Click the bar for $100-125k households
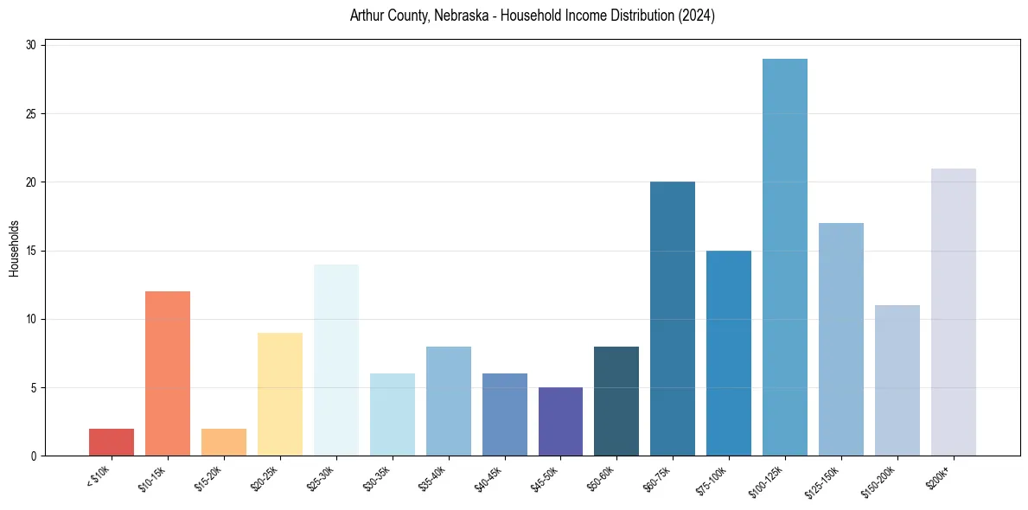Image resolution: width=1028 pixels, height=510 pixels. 785,258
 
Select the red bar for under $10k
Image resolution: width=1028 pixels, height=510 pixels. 112,442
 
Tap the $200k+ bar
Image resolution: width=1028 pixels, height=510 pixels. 954,312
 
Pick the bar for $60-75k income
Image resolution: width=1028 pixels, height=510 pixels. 673,319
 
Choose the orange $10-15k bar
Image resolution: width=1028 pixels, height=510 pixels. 168,373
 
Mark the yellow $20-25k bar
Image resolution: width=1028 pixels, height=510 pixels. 280,394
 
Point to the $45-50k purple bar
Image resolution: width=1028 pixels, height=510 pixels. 560,422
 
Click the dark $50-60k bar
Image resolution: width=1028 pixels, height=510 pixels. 616,401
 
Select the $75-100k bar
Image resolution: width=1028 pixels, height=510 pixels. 729,353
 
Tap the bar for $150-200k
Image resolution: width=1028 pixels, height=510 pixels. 897,380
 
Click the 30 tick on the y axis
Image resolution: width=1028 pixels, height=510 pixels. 32,46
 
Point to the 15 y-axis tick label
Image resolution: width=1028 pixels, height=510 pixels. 32,251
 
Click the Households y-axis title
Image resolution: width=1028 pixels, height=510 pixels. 15,247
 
